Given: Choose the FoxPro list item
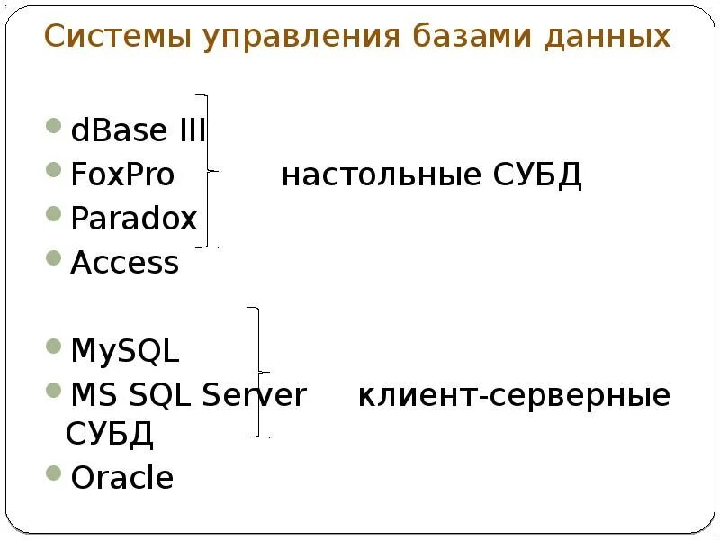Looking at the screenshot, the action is click(x=122, y=175).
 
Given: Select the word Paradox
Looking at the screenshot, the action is click(x=133, y=219).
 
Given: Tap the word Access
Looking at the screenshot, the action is click(x=125, y=263).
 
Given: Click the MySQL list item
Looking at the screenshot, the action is click(x=125, y=351).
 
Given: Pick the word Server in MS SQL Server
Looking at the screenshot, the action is click(x=255, y=394).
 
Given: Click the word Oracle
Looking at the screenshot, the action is click(x=121, y=477).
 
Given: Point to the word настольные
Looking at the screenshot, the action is click(x=382, y=175).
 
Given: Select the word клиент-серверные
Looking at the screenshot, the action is click(x=514, y=395).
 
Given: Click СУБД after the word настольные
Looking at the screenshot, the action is click(x=537, y=175).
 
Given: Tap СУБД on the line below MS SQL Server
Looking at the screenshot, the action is click(x=110, y=435).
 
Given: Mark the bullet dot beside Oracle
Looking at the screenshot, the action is click(x=56, y=473).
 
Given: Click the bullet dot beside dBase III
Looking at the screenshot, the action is click(x=56, y=128).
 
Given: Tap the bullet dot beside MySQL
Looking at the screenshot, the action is click(x=56, y=347).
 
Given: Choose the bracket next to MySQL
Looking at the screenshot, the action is click(x=258, y=372).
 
